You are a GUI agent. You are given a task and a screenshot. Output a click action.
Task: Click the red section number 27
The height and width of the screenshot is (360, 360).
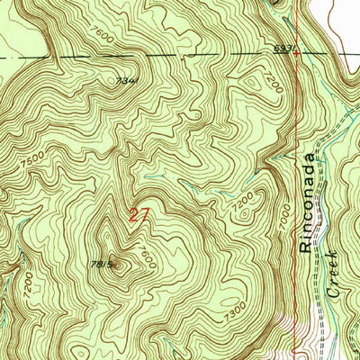coord(138,215)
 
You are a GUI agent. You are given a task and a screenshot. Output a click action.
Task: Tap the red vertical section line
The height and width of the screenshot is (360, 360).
coord(296,135)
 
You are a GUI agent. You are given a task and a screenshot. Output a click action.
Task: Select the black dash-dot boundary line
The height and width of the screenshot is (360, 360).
coord(180,56)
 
